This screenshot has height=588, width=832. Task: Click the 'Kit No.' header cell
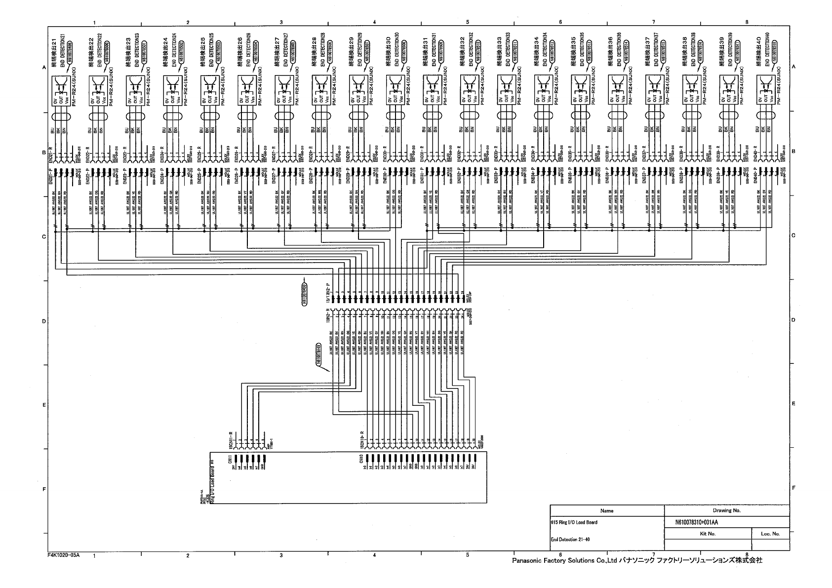708,534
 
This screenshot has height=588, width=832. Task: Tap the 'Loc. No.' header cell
770,534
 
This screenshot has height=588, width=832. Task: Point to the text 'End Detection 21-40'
570,540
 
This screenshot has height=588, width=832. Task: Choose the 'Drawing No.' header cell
726,510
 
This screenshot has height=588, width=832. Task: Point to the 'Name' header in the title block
607,510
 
